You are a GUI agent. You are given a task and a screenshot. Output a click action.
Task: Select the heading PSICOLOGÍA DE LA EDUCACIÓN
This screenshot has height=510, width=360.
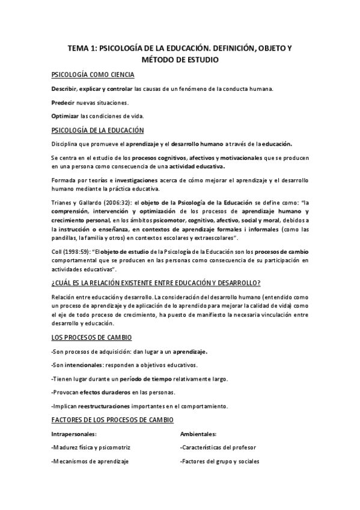tap(97, 130)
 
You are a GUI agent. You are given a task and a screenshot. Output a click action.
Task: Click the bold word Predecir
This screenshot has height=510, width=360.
tap(62, 102)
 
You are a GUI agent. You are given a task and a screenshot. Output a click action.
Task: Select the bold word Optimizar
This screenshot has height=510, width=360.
tap(64, 115)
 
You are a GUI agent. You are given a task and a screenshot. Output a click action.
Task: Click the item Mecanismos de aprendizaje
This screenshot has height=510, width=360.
tap(90, 462)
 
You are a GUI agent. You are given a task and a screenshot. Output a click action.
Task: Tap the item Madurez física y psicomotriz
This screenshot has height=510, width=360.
tap(91, 448)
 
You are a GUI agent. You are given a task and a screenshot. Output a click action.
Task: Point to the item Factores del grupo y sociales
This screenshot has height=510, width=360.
tap(219, 462)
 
